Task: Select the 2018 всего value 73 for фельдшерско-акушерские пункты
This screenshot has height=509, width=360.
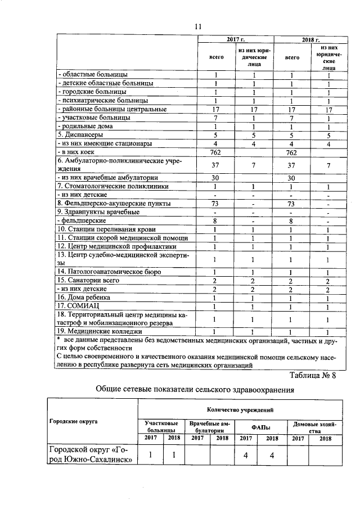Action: click(291, 204)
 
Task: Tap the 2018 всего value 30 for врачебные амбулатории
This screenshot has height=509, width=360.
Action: click(291, 178)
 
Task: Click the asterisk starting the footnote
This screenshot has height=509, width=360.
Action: click(59, 341)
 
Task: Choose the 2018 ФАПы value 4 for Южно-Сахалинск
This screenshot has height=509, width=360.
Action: click(272, 455)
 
